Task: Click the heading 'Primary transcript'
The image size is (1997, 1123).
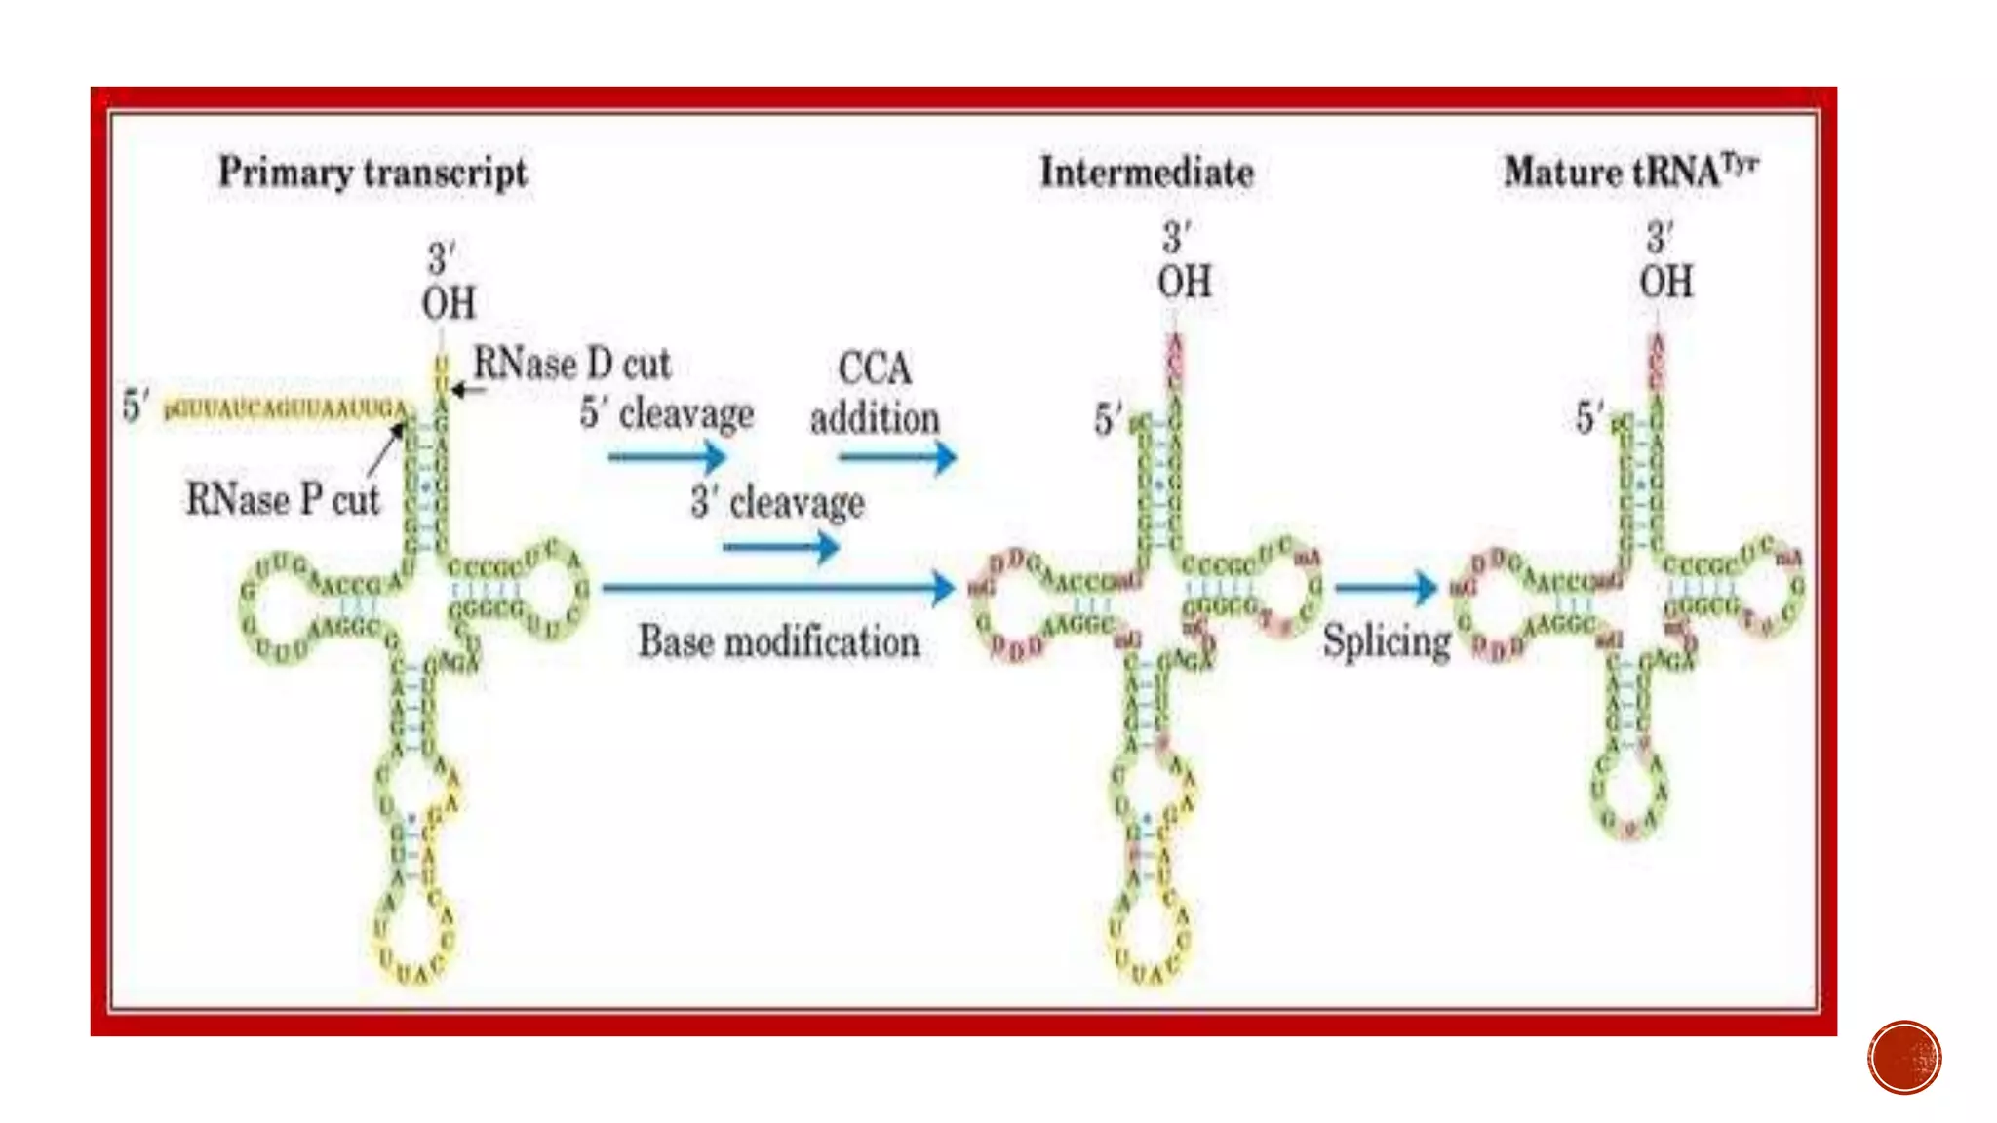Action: [372, 173]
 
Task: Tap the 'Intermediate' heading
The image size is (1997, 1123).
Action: [1147, 173]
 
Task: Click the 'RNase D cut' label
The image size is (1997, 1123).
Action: [571, 365]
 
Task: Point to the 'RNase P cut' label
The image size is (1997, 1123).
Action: [282, 500]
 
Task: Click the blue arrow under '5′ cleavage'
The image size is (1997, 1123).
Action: [667, 456]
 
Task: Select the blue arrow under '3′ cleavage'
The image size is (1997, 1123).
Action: [780, 547]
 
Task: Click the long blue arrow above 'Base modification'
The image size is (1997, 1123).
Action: [778, 587]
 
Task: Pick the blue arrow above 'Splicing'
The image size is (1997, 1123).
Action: [1386, 587]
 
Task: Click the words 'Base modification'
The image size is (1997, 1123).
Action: [778, 641]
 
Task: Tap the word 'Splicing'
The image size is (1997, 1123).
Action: [1387, 642]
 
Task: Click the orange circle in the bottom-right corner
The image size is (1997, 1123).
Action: [1904, 1058]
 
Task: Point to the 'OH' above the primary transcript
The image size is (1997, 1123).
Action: [449, 303]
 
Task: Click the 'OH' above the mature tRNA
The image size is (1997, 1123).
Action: [1665, 283]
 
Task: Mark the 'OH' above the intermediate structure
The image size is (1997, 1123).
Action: [1184, 283]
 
